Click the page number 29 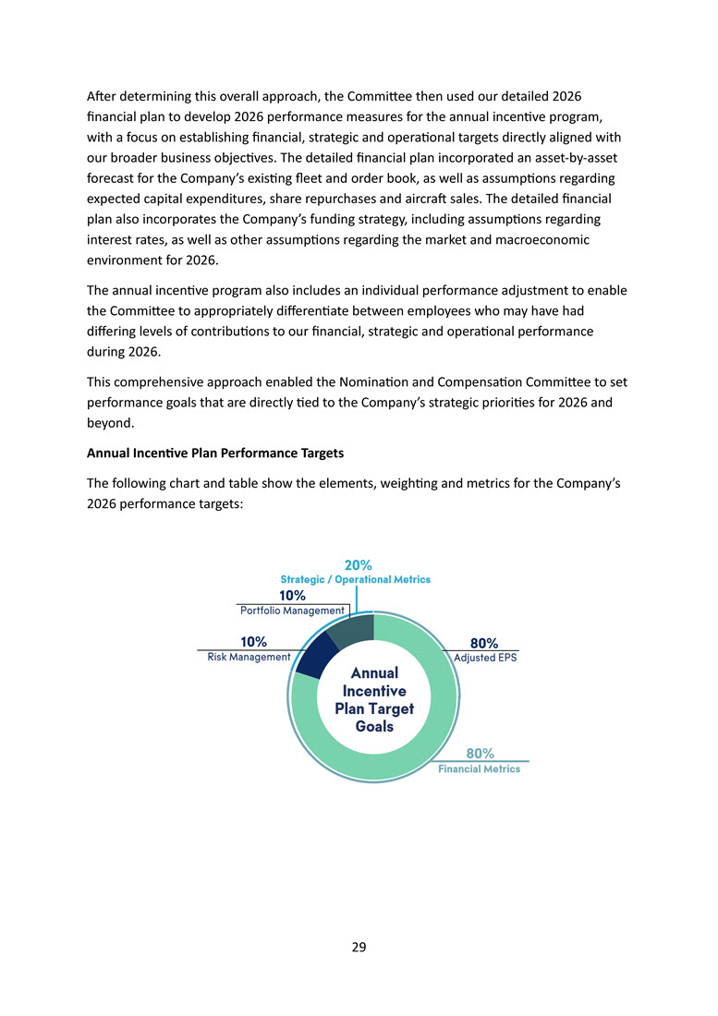pyautogui.click(x=359, y=947)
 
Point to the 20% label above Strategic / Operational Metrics pyautogui.click(x=358, y=564)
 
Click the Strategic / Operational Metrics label pyautogui.click(x=355, y=579)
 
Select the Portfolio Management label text pyautogui.click(x=292, y=611)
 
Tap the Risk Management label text pyautogui.click(x=249, y=657)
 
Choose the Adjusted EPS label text pyautogui.click(x=485, y=658)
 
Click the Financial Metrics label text pyautogui.click(x=479, y=768)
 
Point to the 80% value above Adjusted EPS pyautogui.click(x=484, y=643)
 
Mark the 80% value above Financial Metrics pyautogui.click(x=479, y=754)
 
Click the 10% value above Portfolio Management pyautogui.click(x=293, y=596)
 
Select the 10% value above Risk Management pyautogui.click(x=253, y=642)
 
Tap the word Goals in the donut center pyautogui.click(x=374, y=726)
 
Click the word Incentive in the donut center pyautogui.click(x=374, y=691)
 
